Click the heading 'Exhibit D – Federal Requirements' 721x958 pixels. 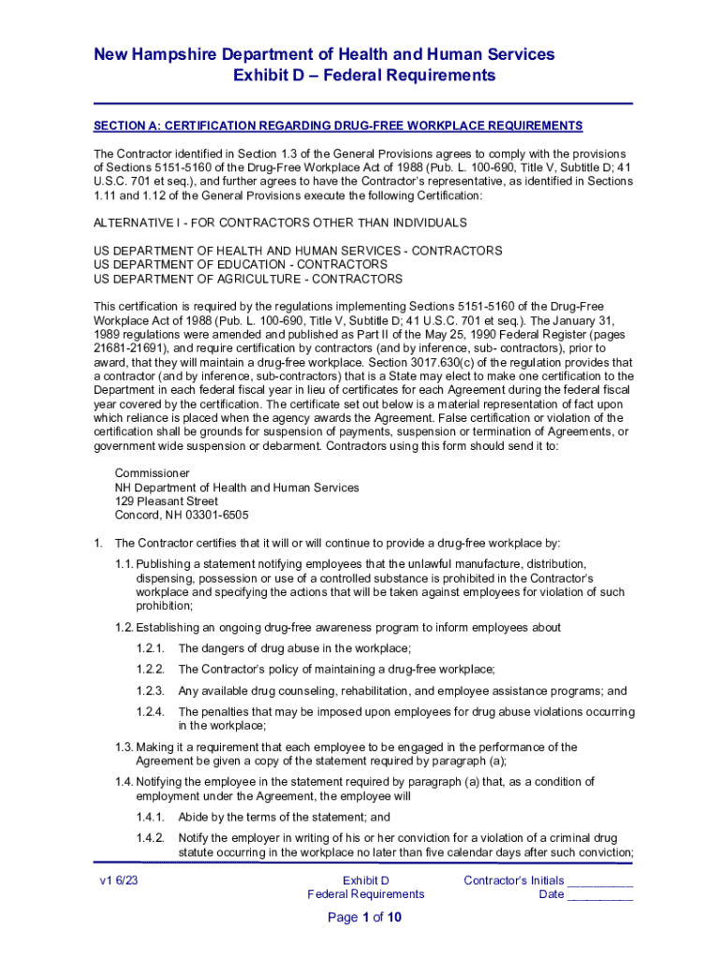pos(363,75)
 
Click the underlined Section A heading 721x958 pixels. pos(338,125)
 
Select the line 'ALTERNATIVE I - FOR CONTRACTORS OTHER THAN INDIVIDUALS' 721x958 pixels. pos(280,223)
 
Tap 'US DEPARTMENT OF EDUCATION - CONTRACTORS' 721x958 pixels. pos(241,265)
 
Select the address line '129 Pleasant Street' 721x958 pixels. pos(167,501)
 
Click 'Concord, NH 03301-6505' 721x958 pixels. pos(182,515)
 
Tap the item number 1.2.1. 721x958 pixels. pos(150,648)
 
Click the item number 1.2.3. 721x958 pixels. pos(150,690)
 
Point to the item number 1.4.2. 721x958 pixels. pos(150,837)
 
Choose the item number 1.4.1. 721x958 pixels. pos(150,816)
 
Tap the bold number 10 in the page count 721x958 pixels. pos(394,918)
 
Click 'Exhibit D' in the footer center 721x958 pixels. pos(365,880)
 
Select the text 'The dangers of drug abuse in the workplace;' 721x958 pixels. pos(295,648)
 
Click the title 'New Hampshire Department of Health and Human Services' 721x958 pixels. pos(324,54)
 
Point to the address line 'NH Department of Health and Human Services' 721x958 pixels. pos(237,487)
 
